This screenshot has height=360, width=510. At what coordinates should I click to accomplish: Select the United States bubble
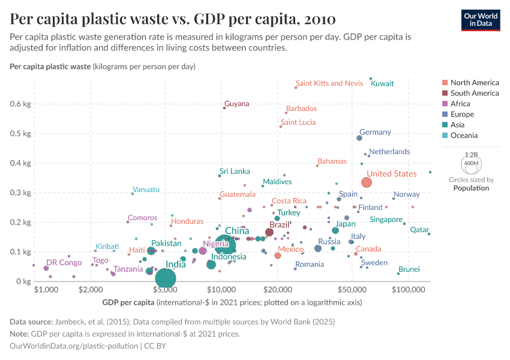tap(367, 182)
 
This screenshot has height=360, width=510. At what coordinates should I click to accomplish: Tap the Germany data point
tap(359, 138)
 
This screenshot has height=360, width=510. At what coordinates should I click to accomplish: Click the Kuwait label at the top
tap(382, 83)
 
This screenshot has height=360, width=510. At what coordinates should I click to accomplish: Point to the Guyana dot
tap(224, 108)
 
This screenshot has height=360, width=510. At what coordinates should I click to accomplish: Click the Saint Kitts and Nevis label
tap(329, 83)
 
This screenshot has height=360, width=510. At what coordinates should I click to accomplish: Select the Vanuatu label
tap(146, 190)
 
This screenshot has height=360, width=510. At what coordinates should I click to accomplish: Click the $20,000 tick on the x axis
tap(277, 290)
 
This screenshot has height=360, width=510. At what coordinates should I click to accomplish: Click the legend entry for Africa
tap(461, 104)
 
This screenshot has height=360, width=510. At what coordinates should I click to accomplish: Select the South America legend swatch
tap(444, 93)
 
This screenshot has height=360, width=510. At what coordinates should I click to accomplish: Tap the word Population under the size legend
tap(471, 188)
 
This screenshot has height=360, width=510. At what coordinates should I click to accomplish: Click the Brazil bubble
tap(269, 232)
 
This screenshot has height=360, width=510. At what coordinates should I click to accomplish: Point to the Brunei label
tap(409, 269)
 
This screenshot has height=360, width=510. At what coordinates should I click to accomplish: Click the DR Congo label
tap(64, 263)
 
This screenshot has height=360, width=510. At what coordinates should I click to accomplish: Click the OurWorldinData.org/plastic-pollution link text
tap(74, 346)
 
